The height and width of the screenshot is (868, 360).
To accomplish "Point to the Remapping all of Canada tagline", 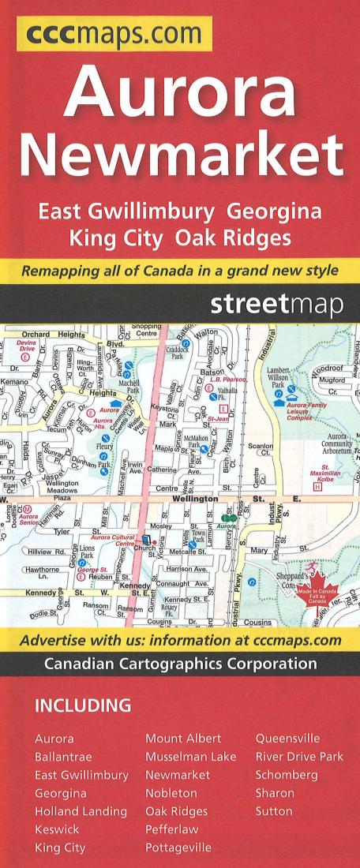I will pyautogui.click(x=180, y=270).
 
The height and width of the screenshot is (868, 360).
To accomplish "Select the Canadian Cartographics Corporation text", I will pyautogui.click(x=180, y=664).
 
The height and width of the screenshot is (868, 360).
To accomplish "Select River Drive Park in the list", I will pyautogui.click(x=299, y=757).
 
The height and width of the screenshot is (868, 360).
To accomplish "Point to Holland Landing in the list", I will pyautogui.click(x=81, y=811).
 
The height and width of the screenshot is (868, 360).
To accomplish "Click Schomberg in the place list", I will pyautogui.click(x=286, y=775).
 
